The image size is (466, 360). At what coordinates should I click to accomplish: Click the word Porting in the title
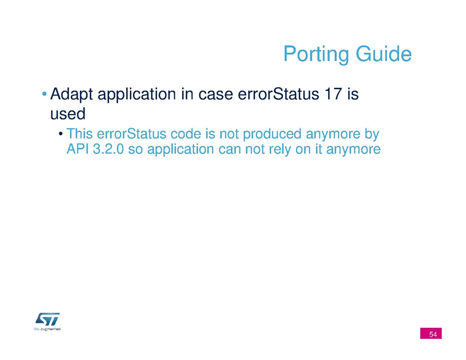coord(317,54)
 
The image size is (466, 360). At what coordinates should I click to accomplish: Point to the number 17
coord(333,94)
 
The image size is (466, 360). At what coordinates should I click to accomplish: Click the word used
coord(68,114)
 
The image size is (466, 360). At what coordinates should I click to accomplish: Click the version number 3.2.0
coord(108,149)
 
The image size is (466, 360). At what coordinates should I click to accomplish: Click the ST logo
coord(48,319)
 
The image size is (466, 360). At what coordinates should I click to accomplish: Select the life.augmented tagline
coord(47,329)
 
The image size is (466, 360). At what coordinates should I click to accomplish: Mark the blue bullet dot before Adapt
coord(44,94)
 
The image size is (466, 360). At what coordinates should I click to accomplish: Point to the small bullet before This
coord(60,134)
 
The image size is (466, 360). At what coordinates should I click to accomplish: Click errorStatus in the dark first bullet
coord(279,94)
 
